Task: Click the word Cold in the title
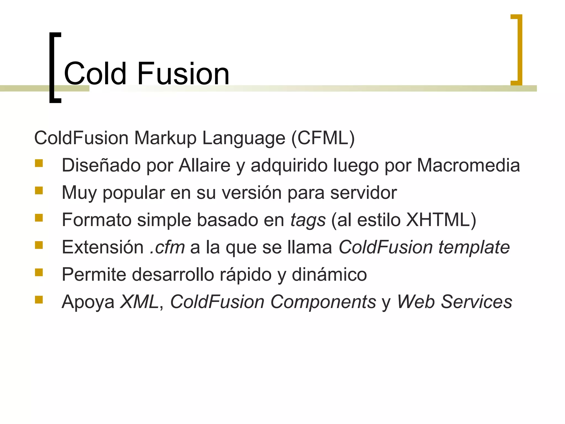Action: pyautogui.click(x=95, y=74)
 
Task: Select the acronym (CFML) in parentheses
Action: pyautogui.click(x=323, y=138)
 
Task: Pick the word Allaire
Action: pyautogui.click(x=204, y=165)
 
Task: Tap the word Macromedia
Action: pyautogui.click(x=468, y=165)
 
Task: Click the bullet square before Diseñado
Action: pyautogui.click(x=39, y=164)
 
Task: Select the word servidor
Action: pyautogui.click(x=363, y=193)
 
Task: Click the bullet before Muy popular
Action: pyautogui.click(x=39, y=191)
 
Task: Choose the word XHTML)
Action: pyautogui.click(x=441, y=220)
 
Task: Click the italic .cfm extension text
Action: pyautogui.click(x=167, y=247)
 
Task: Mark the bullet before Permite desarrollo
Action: pyautogui.click(x=39, y=272)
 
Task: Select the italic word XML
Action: pyautogui.click(x=139, y=302)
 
